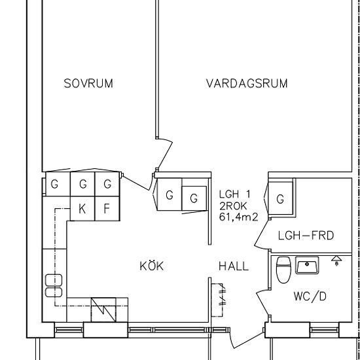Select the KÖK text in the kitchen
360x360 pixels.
click(x=151, y=266)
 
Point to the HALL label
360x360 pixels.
click(x=233, y=266)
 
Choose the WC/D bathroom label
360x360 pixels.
click(x=310, y=297)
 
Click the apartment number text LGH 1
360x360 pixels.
click(x=235, y=194)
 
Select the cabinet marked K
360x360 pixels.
click(x=82, y=209)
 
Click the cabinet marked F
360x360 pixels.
click(x=107, y=209)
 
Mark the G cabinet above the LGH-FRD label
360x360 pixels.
click(x=280, y=199)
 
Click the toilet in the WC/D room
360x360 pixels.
click(x=283, y=269)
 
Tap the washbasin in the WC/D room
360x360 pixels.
click(x=307, y=266)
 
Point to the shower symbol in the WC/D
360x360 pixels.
click(x=337, y=261)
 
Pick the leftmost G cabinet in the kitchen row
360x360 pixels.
click(x=55, y=185)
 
